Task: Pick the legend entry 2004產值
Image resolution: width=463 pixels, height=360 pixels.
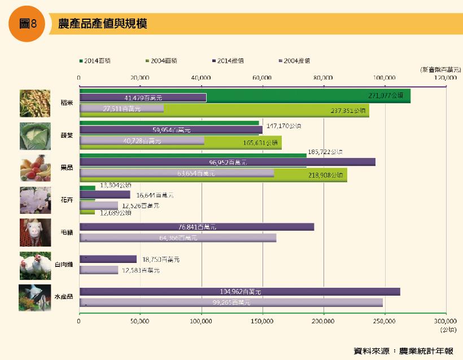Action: pyautogui.click(x=296, y=60)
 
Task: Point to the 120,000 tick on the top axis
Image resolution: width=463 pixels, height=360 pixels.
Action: pyautogui.click(x=445, y=77)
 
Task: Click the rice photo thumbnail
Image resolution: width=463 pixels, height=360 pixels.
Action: pyautogui.click(x=34, y=103)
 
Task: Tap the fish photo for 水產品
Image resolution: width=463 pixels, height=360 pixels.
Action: pyautogui.click(x=34, y=297)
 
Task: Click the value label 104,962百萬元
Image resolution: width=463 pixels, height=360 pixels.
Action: pyautogui.click(x=240, y=292)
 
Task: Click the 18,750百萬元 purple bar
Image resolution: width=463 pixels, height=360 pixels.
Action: pyautogui.click(x=108, y=259)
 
